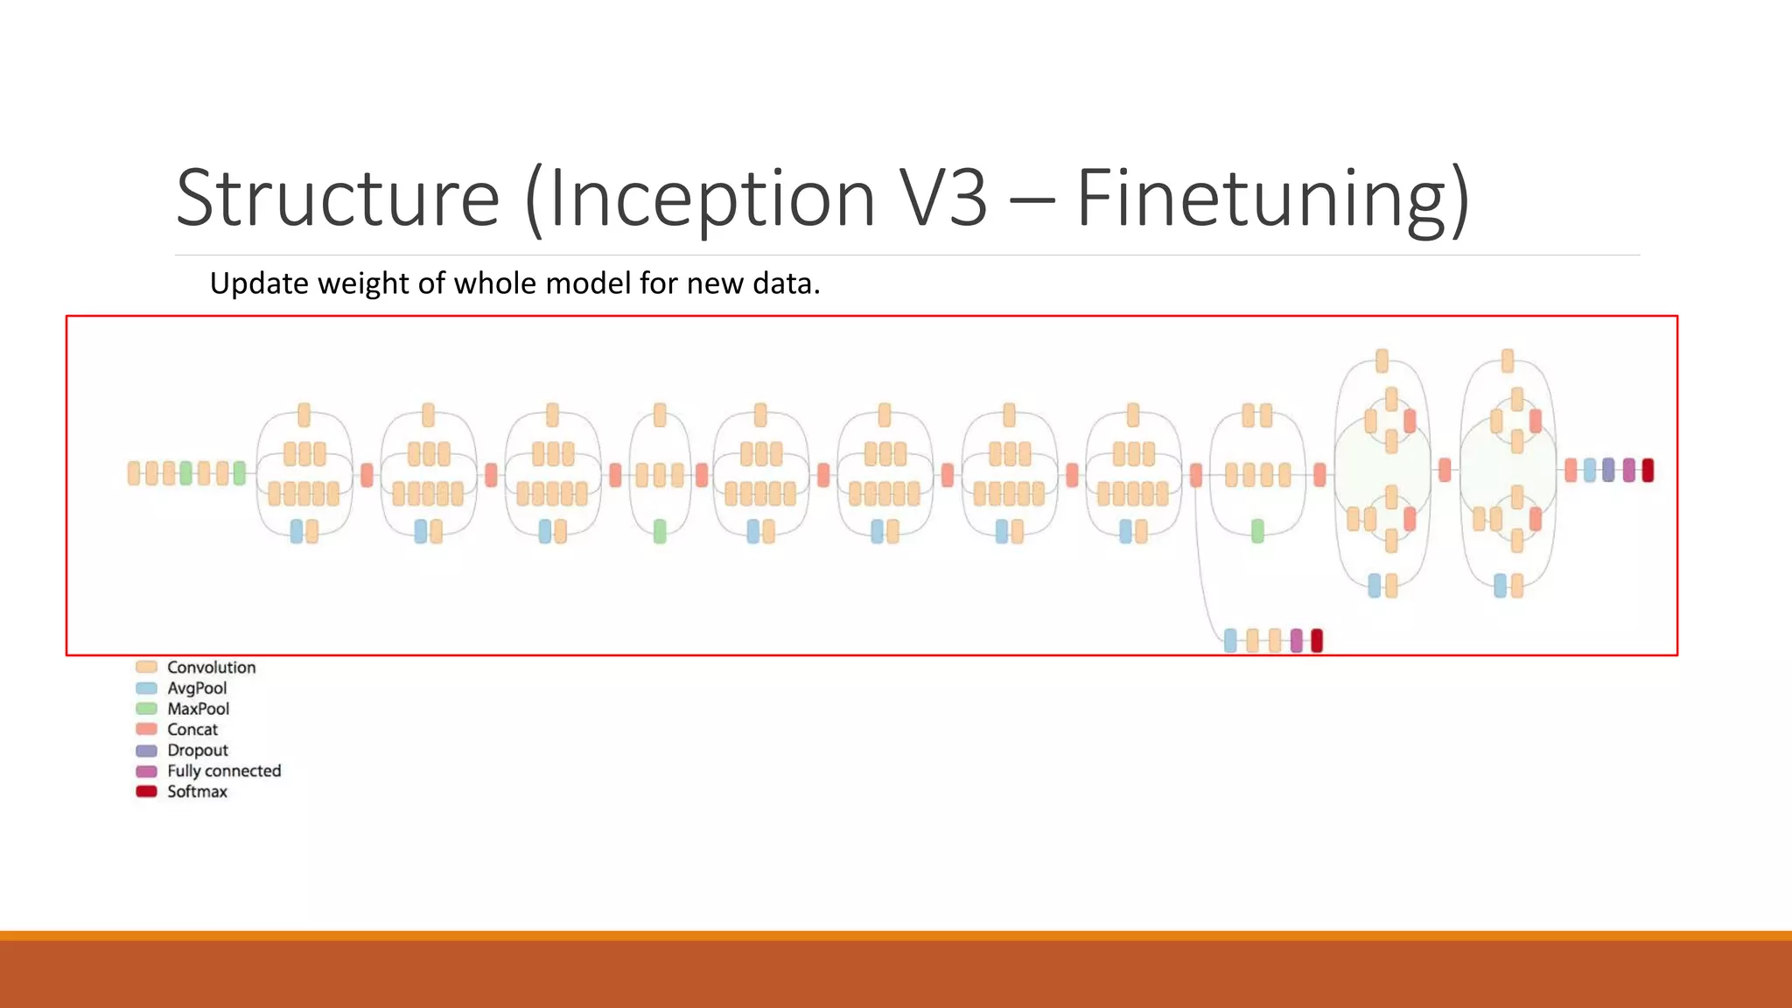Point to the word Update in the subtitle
pos(259,283)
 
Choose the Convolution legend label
pos(212,668)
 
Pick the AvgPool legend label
pos(197,689)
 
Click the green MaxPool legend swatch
pos(146,709)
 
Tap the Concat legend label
pos(192,730)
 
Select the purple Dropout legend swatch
pos(146,751)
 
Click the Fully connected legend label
pos(224,771)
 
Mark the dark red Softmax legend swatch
pos(146,792)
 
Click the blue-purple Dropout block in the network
pos(1608,470)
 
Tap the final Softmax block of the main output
pos(1648,470)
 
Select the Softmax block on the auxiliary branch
pos(1317,640)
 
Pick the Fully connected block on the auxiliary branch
pos(1296,640)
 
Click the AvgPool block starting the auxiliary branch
pos(1230,640)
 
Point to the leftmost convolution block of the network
pos(134,473)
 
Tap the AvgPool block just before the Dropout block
pos(1589,470)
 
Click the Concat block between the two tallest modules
pos(1445,470)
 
